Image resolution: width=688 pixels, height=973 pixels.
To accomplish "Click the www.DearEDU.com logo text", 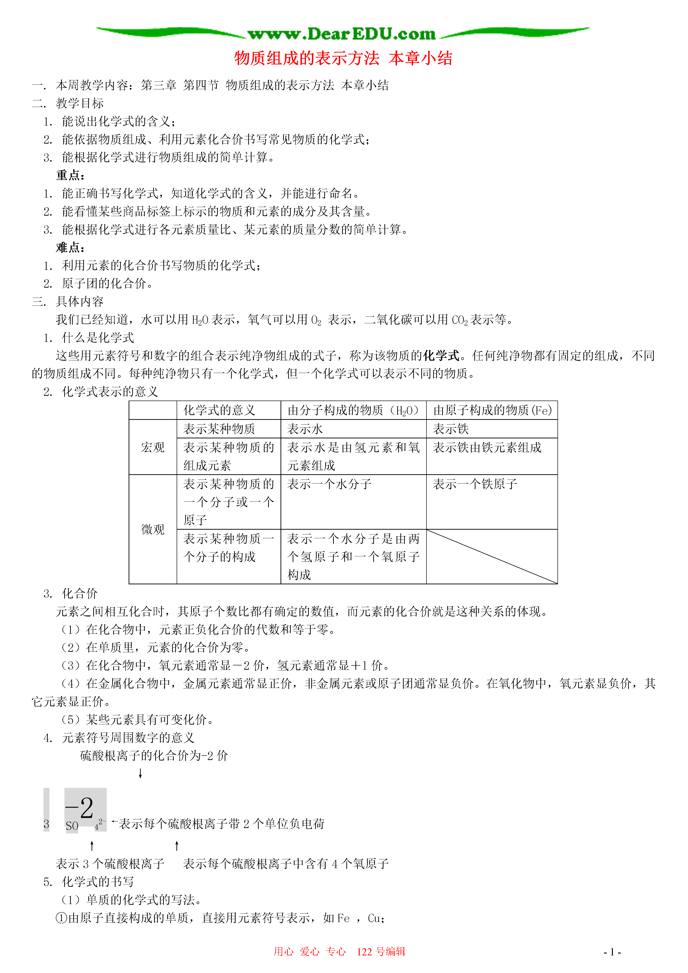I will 342,34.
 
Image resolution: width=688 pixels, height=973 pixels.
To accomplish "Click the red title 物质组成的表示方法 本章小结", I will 343,58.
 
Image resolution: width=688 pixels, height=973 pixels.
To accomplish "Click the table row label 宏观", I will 153,447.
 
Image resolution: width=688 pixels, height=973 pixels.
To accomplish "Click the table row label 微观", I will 153,529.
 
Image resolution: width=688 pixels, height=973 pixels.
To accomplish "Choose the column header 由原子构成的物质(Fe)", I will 492,410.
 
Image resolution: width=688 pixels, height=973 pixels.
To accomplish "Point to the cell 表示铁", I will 451,429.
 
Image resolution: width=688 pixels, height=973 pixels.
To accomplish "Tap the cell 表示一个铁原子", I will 475,484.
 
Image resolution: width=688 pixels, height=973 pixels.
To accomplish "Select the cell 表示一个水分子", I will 329,484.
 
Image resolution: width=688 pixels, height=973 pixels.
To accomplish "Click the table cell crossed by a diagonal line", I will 492,557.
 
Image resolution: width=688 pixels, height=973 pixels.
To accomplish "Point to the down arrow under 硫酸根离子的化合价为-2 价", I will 140,774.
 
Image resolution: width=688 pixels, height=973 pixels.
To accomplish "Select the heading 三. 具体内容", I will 68,301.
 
